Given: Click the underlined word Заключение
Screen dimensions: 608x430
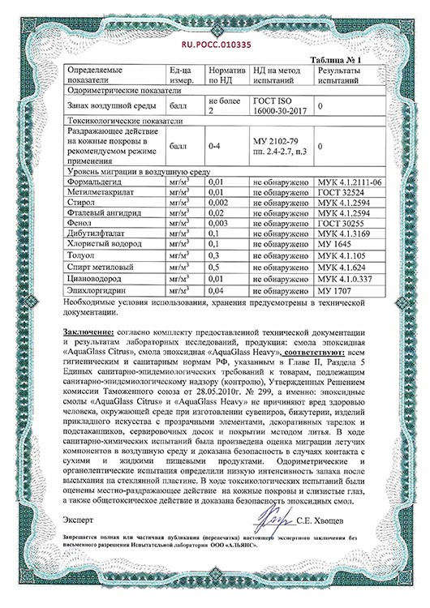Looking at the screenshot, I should (x=88, y=334).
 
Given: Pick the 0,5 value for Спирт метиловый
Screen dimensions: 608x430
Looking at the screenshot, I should (x=215, y=267).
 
